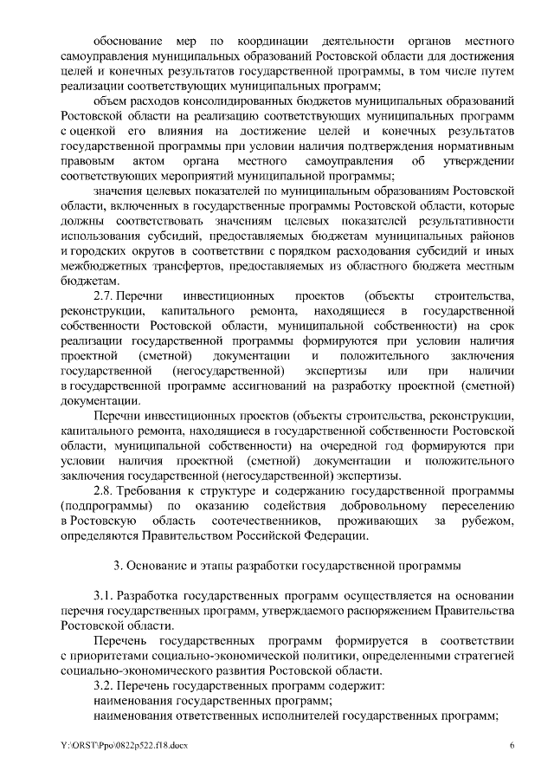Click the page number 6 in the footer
(512, 745)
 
